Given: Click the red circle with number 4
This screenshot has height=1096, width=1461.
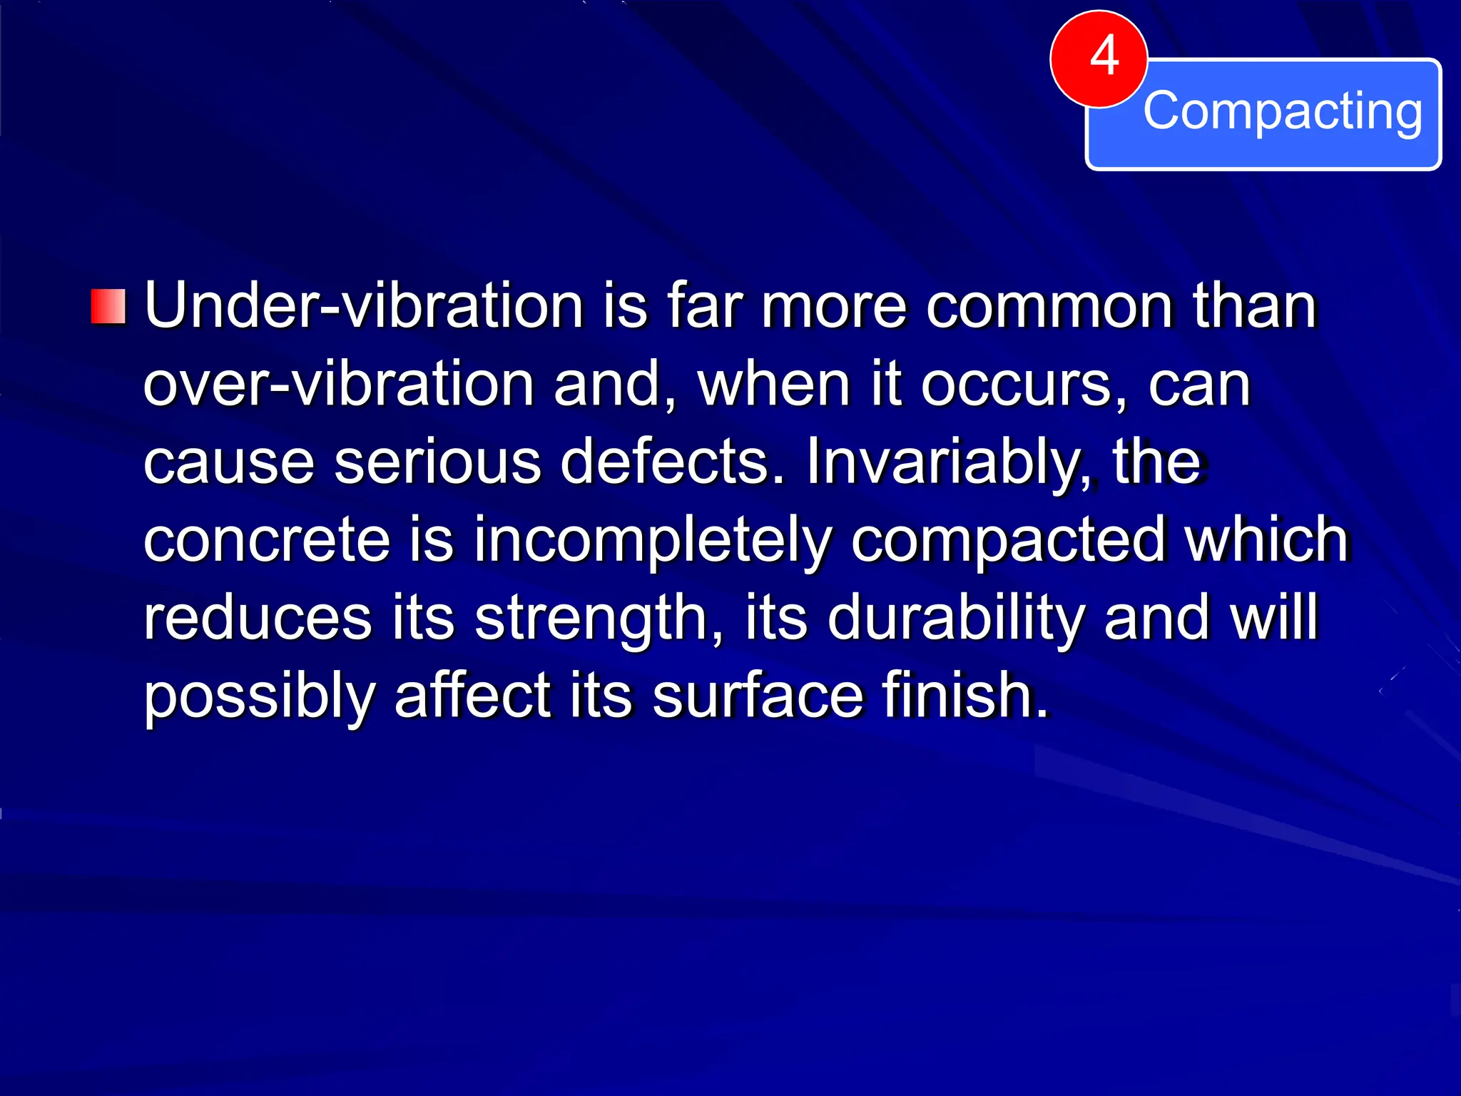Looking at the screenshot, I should coord(1099,59).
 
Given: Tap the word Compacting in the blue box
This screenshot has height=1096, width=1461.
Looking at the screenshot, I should coord(1282,111).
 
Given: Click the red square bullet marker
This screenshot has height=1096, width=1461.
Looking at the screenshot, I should coord(108,307).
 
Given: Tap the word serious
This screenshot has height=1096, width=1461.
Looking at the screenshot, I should coord(437,462).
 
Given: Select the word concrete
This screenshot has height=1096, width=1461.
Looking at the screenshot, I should coord(266,540).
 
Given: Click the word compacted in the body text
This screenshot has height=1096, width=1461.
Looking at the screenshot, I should coord(1009,540).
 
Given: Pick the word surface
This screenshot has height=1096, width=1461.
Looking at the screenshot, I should coord(758,696).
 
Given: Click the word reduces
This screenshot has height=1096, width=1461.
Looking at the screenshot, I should coord(258,618).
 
